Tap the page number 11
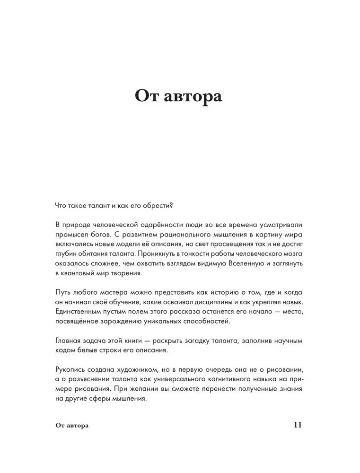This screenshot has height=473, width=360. point(297,424)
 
